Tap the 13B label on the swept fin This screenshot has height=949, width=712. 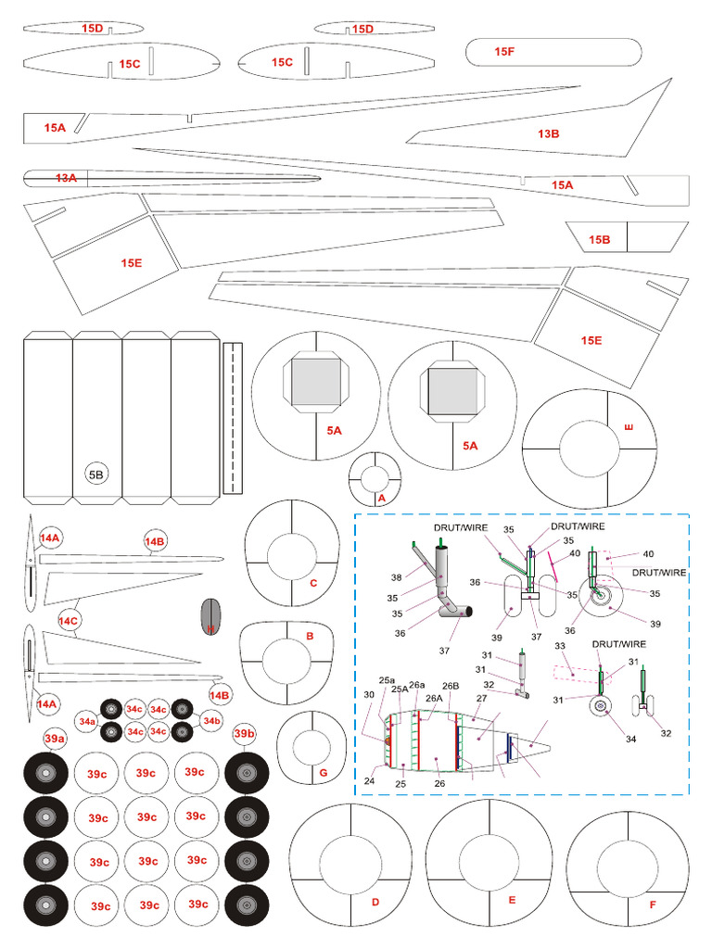coord(548,133)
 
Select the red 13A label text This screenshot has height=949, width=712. coord(65,177)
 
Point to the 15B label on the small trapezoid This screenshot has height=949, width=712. coord(599,240)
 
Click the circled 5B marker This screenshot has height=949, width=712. coord(96,474)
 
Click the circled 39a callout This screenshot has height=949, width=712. coord(55,737)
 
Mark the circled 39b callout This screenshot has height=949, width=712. coord(244,734)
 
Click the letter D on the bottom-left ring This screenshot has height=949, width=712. coord(375,902)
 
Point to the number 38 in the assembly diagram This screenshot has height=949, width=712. coord(396,576)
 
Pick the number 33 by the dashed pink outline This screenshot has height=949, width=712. coord(560,645)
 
